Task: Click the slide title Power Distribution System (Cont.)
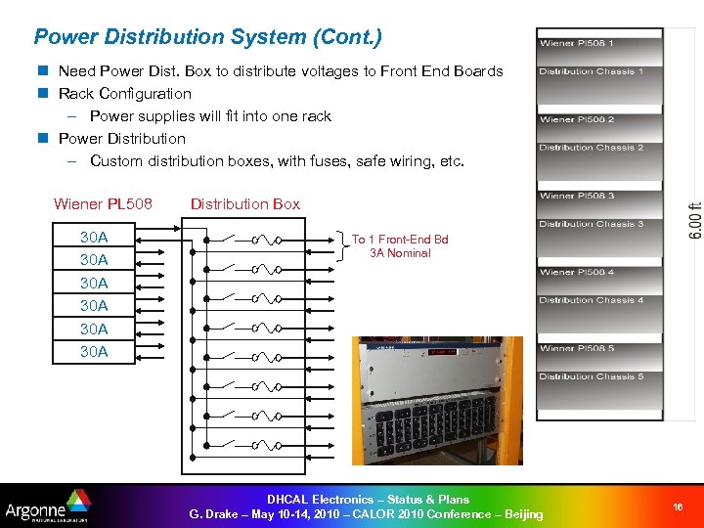207,37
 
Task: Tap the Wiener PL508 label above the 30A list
103,204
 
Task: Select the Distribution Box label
244,204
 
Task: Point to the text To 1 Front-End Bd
400,240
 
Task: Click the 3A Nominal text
400,253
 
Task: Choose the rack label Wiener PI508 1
577,43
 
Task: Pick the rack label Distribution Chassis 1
591,71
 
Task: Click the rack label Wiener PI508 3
577,196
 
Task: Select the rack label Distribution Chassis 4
591,300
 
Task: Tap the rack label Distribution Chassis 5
591,376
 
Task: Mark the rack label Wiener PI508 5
577,348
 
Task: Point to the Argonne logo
47,506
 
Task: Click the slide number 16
678,506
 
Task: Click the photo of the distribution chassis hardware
437,400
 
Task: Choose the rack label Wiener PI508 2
577,119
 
